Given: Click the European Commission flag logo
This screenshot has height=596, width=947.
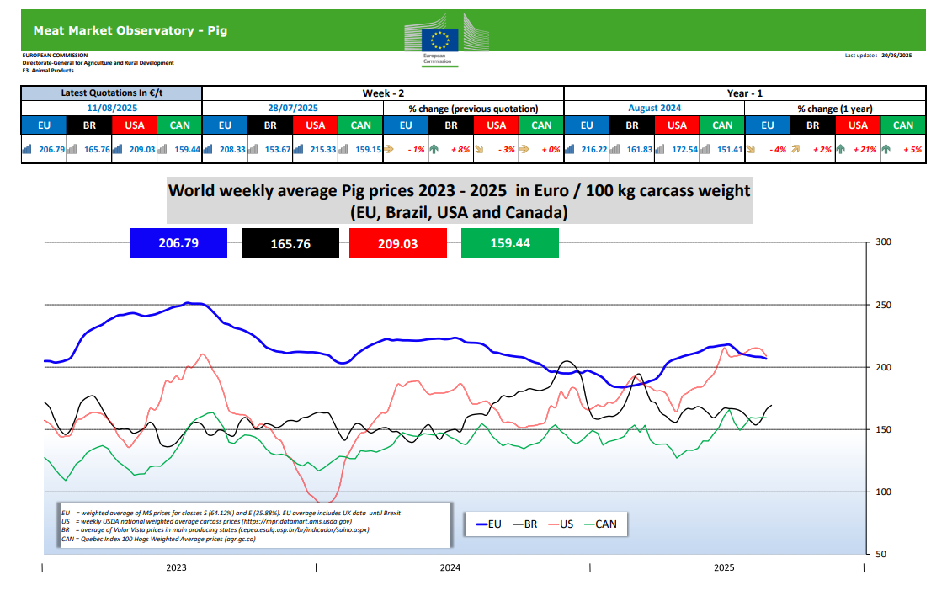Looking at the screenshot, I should pyautogui.click(x=441, y=38).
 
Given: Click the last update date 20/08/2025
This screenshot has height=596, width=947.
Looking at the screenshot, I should pyautogui.click(x=896, y=55).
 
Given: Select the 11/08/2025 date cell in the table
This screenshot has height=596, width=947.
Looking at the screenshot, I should pyautogui.click(x=111, y=109).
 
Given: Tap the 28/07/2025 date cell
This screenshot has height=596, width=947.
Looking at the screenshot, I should pyautogui.click(x=292, y=109).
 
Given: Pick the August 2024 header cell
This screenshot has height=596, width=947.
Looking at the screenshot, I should pyautogui.click(x=654, y=109).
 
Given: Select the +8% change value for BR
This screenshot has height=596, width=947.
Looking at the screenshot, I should pyautogui.click(x=460, y=149).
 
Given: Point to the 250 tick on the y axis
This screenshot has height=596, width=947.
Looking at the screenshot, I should pyautogui.click(x=884, y=305).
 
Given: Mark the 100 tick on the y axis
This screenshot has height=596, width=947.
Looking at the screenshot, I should pyautogui.click(x=884, y=492).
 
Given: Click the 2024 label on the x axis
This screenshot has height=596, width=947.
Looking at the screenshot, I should pyautogui.click(x=450, y=568).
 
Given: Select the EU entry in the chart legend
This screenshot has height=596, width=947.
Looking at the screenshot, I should pyautogui.click(x=487, y=524).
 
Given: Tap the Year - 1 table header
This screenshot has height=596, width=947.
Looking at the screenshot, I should pyautogui.click(x=745, y=93).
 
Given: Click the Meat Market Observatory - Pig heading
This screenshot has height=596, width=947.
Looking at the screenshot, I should pyautogui.click(x=130, y=31).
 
